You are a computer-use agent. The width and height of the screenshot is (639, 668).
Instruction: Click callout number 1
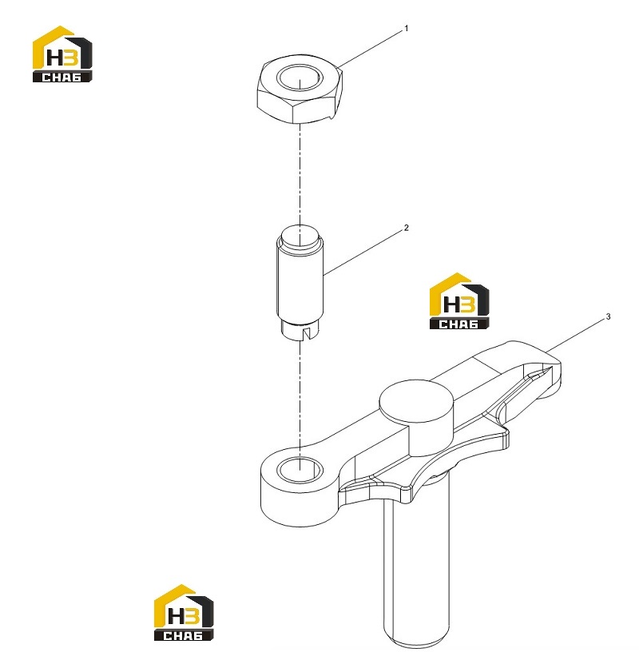click(406, 29)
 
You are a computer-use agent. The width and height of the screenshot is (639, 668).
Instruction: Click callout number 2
click(406, 228)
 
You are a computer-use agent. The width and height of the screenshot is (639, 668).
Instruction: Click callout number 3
click(608, 316)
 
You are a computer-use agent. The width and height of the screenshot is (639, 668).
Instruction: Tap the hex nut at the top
click(300, 89)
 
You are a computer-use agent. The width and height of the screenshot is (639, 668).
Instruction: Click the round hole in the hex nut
click(300, 78)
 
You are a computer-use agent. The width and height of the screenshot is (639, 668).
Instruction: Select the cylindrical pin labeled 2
click(300, 284)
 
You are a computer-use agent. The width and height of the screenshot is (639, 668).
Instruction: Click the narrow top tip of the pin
click(300, 237)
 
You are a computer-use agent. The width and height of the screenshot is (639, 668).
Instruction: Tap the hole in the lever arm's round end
click(300, 470)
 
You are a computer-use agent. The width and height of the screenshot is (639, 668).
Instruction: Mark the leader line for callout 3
click(576, 336)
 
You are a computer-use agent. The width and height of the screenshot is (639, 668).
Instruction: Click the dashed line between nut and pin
click(300, 175)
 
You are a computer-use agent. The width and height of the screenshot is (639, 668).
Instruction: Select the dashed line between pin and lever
click(300, 399)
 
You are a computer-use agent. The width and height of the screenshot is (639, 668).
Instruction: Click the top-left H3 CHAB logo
click(62, 54)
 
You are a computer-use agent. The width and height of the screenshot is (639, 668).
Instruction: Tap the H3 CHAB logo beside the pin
click(458, 301)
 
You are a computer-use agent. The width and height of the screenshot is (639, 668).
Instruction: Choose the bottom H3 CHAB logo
click(184, 613)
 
